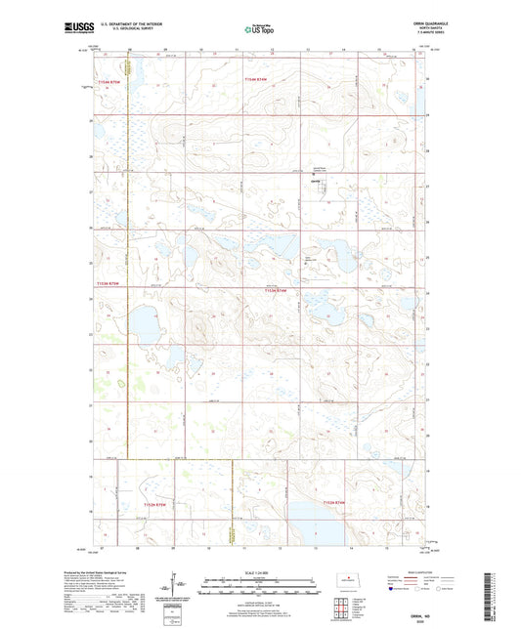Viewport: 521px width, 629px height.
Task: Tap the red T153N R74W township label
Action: point(278,290)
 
